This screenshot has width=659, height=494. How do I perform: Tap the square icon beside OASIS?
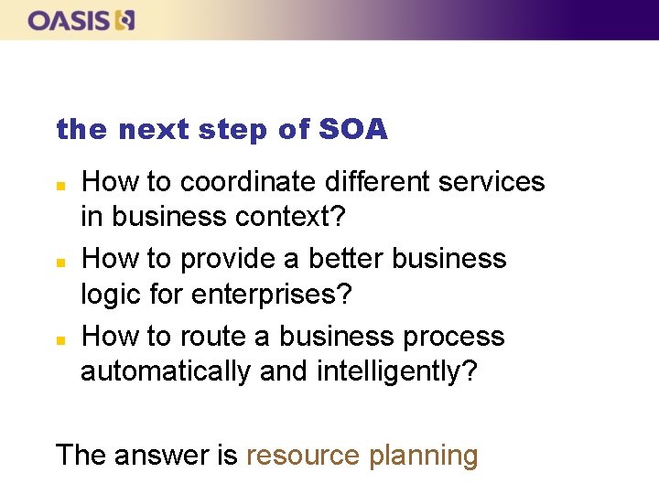(x=126, y=20)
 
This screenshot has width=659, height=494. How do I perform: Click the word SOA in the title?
(x=353, y=130)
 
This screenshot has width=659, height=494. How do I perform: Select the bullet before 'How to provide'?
(x=60, y=262)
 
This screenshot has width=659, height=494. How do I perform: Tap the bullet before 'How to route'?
(x=60, y=339)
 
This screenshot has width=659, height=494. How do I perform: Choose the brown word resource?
(x=303, y=455)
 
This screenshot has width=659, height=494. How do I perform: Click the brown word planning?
(x=423, y=456)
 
